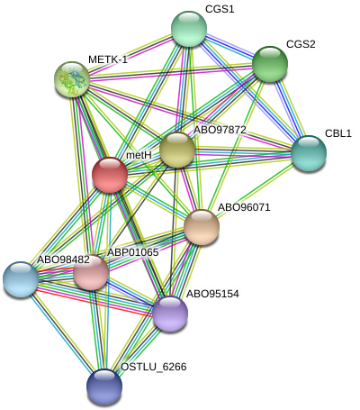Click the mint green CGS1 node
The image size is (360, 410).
189,29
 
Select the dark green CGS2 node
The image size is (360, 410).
270,64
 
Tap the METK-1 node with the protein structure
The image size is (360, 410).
72,79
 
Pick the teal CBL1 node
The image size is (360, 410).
309,153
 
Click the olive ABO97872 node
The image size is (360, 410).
177,150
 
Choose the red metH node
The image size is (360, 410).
110,175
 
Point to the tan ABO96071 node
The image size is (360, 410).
202,227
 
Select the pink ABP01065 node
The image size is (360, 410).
91,272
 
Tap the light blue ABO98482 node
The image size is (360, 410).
21,279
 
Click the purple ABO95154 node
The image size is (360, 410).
170,314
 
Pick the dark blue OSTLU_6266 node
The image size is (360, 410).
104,387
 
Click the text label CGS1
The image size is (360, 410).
220,9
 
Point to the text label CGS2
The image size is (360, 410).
301,44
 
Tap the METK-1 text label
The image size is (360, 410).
108,59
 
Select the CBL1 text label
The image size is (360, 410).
338,133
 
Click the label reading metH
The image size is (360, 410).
139,155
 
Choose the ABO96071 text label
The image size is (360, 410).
244,207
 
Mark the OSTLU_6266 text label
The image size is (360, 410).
154,367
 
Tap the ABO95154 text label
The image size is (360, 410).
212,294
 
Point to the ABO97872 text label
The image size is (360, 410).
220,130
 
